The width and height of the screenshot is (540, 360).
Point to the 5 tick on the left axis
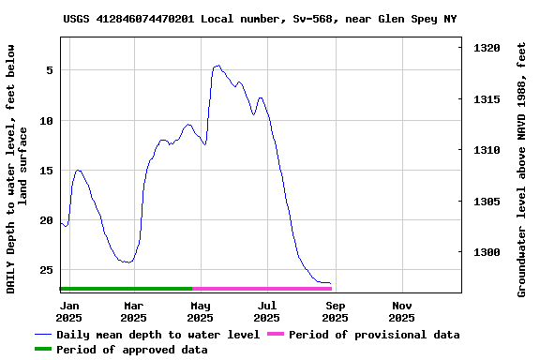point(49,70)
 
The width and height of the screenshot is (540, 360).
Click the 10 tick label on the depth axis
point(46,121)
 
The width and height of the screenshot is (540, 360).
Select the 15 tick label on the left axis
point(46,171)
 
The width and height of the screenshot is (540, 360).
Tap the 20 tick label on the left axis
point(46,220)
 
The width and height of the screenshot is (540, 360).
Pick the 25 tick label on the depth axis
point(46,270)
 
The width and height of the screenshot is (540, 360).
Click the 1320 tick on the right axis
point(487,48)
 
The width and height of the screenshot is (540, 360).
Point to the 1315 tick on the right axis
point(487,99)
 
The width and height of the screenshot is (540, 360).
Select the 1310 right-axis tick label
point(487,150)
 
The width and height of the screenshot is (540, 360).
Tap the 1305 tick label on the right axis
point(487,202)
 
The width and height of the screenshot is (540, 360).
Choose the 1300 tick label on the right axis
point(487,252)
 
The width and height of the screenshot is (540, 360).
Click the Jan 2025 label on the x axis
point(69,311)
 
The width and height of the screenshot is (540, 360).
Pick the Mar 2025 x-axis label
point(134,311)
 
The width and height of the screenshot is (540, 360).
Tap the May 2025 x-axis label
point(201,311)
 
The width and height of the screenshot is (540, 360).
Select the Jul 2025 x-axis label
point(267,311)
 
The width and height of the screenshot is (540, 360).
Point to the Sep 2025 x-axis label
point(335,311)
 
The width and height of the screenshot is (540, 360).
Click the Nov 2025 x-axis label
point(401,311)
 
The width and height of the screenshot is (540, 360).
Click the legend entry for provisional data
point(374,335)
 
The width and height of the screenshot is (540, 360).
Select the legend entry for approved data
point(131,350)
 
